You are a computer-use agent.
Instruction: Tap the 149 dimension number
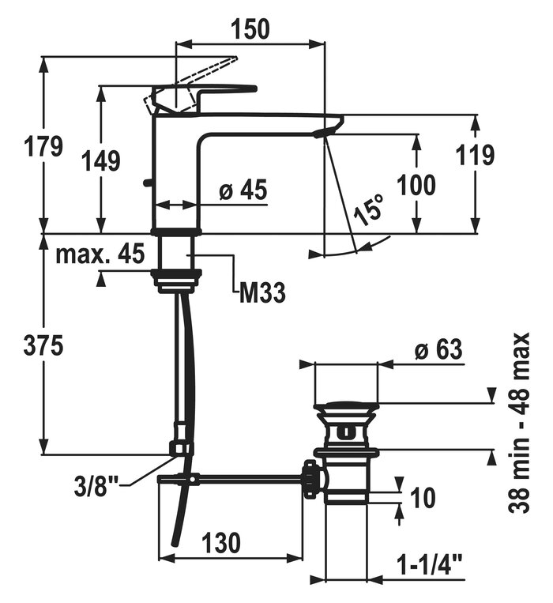click(x=102, y=160)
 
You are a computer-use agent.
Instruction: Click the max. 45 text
click(x=100, y=254)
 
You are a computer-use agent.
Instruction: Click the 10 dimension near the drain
click(x=423, y=497)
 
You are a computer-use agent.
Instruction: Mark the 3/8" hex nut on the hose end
click(x=180, y=449)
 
